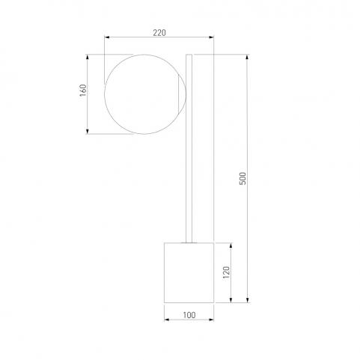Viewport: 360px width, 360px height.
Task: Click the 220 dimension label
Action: coord(159,33)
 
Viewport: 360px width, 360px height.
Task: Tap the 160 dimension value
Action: coord(83,91)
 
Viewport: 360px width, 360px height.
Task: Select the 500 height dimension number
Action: coord(242,178)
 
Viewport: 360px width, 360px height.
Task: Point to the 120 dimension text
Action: coord(226,272)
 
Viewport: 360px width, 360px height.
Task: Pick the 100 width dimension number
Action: coord(189,315)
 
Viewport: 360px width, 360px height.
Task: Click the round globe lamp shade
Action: coord(105,94)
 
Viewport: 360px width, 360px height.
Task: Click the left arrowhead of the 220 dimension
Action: coord(107,37)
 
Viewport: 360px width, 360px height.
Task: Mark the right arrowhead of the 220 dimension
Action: coord(211,37)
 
